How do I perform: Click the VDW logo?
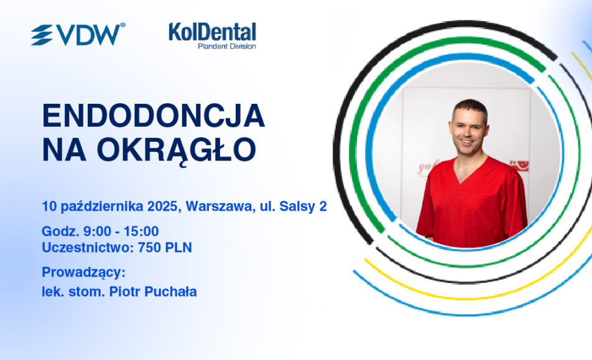pos(78,34)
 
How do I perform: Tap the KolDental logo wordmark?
pos(212,32)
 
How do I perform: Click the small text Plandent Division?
pos(227,47)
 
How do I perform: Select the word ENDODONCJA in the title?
pos(153,116)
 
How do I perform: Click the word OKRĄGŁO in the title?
pos(177,150)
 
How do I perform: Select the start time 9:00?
pos(98,231)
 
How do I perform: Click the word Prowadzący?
pos(83,272)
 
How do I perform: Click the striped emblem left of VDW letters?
pos(42,35)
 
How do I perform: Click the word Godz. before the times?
pos(60,231)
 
